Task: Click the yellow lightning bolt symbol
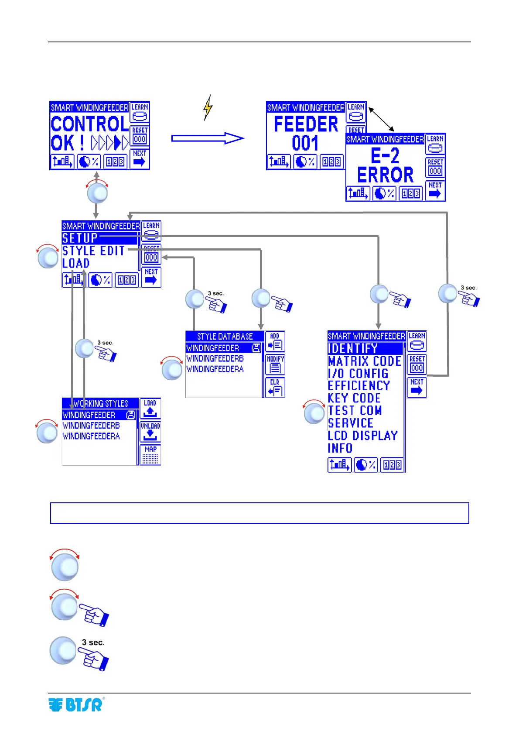pos(208,108)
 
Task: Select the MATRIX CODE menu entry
pos(364,361)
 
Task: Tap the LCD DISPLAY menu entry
pos(362,436)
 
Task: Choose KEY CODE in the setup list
pos(354,398)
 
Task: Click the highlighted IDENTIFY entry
pos(353,348)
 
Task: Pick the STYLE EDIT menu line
pos(93,251)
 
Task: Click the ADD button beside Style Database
pos(275,342)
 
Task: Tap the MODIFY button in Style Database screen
pos(275,364)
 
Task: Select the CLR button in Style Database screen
pos(275,388)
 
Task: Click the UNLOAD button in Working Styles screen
pos(150,431)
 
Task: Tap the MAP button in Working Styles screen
pos(150,454)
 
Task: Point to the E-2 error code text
pos(385,155)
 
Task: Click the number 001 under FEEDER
pos(305,143)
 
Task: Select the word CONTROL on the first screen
pos(89,124)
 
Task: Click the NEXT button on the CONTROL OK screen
pos(140,159)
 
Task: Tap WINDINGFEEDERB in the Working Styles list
pos(91,426)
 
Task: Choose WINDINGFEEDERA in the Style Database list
pos(215,369)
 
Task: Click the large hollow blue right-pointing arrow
pos(208,138)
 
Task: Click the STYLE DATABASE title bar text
pos(225,337)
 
